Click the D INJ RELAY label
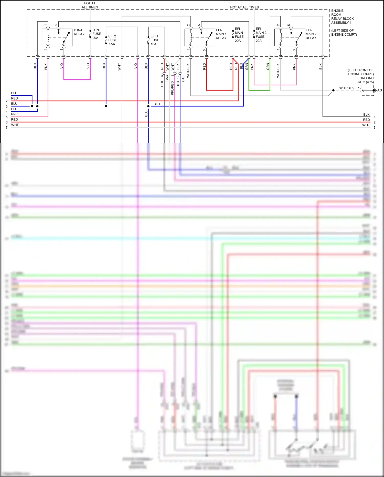coord(79,32)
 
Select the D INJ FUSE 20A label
coord(97,34)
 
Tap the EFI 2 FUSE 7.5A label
coord(112,40)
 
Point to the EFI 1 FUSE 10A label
coord(155,40)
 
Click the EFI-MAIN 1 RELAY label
coord(221,34)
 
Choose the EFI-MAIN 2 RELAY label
coord(311,34)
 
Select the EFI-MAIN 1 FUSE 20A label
coord(240,35)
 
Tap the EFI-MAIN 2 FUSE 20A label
coord(261,35)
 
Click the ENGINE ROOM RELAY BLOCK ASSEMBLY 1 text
coord(342,17)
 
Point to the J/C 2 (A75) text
coord(366,82)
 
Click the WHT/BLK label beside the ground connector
coord(346,88)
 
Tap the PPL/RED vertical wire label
coord(172,88)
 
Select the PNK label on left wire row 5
coord(14,114)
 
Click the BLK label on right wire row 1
coord(366,114)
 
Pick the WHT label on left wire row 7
coord(15,125)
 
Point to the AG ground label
coord(379,90)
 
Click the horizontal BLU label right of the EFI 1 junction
coord(157,104)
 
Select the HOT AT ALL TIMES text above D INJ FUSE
coord(90,5)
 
